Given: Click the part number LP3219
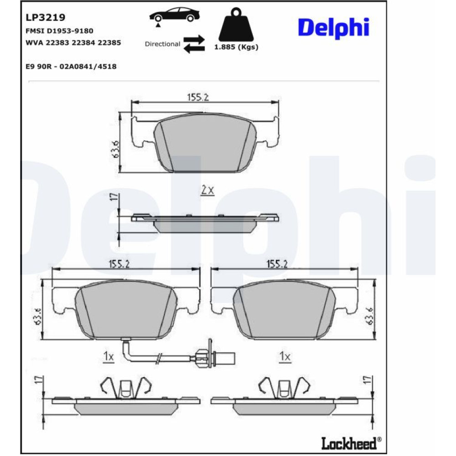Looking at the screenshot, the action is click(x=45, y=17).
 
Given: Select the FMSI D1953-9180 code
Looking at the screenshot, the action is click(x=59, y=31).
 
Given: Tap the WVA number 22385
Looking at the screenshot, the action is click(x=109, y=43).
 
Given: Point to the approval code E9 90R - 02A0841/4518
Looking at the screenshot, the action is click(x=71, y=67).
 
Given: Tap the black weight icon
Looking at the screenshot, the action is click(x=236, y=25).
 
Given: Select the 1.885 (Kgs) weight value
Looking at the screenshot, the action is click(x=236, y=47).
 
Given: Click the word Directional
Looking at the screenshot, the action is click(x=163, y=44).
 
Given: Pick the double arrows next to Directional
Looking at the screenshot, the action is click(x=194, y=44).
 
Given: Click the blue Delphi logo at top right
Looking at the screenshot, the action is click(x=334, y=28).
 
